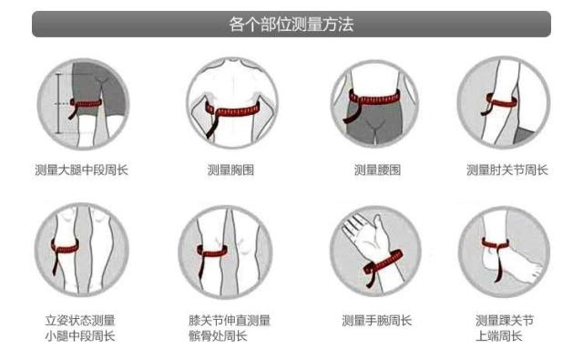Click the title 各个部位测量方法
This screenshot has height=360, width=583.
click(x=291, y=25)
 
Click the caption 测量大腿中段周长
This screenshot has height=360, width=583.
click(x=81, y=170)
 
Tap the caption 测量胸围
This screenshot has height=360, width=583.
click(x=230, y=170)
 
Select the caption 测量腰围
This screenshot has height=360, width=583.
click(x=377, y=170)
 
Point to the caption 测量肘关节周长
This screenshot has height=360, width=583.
click(x=507, y=170)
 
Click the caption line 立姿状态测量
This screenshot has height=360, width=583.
click(x=80, y=320)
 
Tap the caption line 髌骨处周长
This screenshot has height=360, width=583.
click(x=218, y=336)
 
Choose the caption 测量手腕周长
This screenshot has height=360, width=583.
click(x=376, y=320)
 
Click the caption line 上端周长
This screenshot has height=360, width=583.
click(x=499, y=336)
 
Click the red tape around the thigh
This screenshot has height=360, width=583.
click(x=87, y=104)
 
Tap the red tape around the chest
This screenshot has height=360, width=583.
click(x=233, y=111)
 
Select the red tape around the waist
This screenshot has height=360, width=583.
click(x=373, y=99)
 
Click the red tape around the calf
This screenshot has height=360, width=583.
click(x=65, y=247)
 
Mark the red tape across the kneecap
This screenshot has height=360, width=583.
click(x=212, y=252)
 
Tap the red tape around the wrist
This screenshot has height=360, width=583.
click(x=384, y=263)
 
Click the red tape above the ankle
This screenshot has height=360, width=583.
click(x=496, y=244)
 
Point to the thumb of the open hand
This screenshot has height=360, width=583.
click(x=377, y=228)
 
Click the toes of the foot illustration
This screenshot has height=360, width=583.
click(x=536, y=269)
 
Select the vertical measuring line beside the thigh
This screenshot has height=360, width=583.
click(x=58, y=103)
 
